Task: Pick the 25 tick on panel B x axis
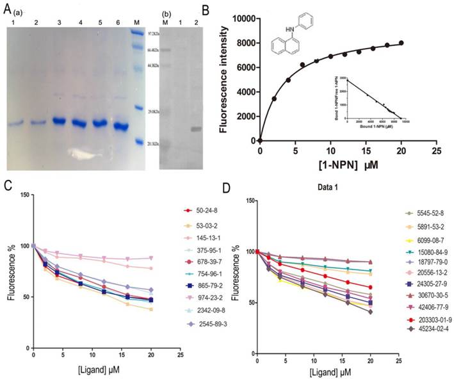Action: point(435,150)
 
